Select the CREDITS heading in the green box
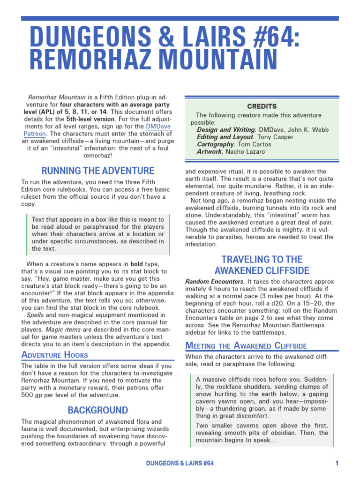[262, 106]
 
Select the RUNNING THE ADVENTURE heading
[97, 171]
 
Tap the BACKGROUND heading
[97, 410]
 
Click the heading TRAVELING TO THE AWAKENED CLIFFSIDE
[262, 265]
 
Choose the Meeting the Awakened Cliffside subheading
[246, 346]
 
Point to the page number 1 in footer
[337, 463]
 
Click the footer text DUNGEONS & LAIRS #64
[180, 463]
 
